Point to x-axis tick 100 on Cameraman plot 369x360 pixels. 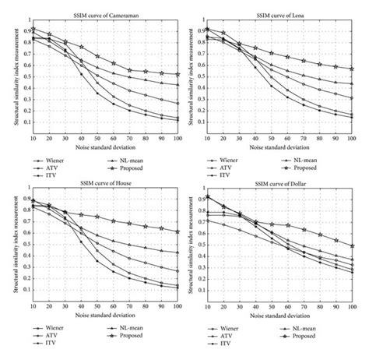tap(178, 138)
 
